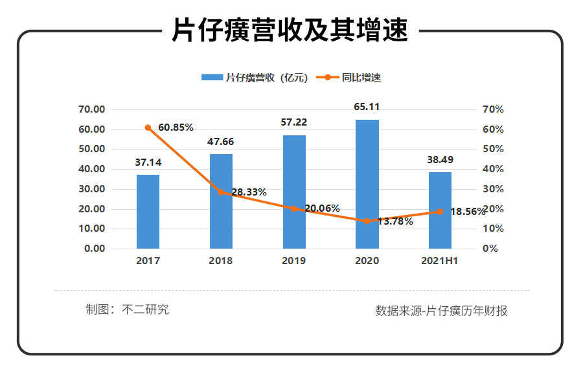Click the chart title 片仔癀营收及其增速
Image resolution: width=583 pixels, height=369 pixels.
click(x=291, y=30)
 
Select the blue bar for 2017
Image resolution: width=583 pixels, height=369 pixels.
click(x=148, y=212)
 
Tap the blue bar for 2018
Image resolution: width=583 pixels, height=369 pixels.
click(x=221, y=201)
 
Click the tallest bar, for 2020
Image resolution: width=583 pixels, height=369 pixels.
click(x=367, y=184)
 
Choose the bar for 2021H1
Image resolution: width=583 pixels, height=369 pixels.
click(x=440, y=210)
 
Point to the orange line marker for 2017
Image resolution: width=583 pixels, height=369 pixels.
click(x=148, y=128)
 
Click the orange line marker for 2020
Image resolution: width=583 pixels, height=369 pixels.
click(x=367, y=221)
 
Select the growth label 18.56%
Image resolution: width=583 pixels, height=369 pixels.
click(x=466, y=212)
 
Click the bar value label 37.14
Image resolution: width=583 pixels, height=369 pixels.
click(x=148, y=162)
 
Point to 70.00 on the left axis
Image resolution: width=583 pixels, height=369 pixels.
click(x=91, y=109)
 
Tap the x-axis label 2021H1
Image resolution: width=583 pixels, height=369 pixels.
click(x=440, y=261)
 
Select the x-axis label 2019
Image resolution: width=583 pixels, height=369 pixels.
click(x=294, y=261)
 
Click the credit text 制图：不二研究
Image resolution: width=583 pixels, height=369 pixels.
click(x=127, y=309)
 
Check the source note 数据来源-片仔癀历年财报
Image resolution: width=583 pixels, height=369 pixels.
click(x=441, y=311)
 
